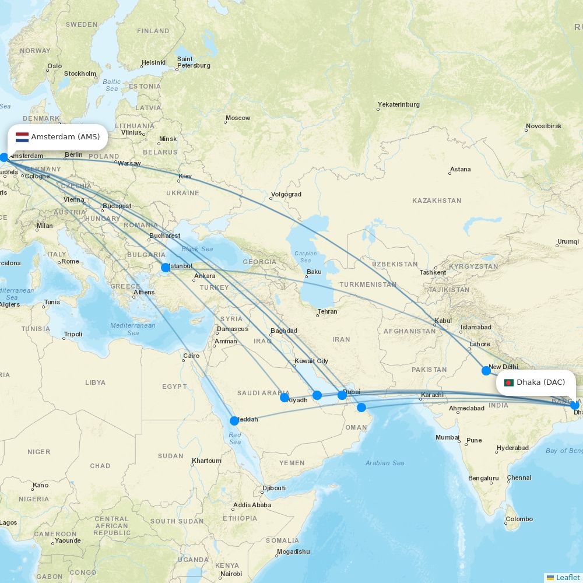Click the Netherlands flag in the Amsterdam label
[x=22, y=137]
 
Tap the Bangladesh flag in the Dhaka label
[x=508, y=382]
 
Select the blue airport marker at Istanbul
[x=166, y=268]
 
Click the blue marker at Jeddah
[x=234, y=420]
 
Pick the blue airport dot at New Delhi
[x=486, y=370]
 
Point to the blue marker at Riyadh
[x=285, y=398]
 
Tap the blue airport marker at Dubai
[x=342, y=395]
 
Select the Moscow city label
[x=238, y=118]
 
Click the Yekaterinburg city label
[x=398, y=105]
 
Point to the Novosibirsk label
[x=543, y=126]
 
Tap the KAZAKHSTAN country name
[x=437, y=201]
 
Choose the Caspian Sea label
[x=305, y=257]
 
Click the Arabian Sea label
[x=385, y=463]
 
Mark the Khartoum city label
[x=206, y=461]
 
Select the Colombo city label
[x=519, y=519]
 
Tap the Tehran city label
[x=327, y=312]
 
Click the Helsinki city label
[x=153, y=62]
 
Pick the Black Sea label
[x=197, y=249]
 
